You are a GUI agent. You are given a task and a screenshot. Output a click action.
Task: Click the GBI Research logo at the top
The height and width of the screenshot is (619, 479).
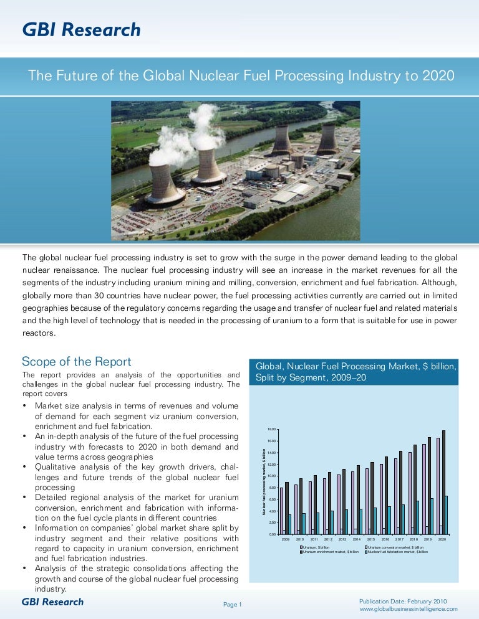(x=81, y=29)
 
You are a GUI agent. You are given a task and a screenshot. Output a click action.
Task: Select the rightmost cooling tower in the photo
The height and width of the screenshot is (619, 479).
(x=327, y=139)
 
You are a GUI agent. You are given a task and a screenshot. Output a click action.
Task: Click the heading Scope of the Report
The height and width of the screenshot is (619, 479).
(x=77, y=362)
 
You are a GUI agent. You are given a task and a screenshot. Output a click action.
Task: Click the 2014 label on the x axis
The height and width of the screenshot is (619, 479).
(x=357, y=539)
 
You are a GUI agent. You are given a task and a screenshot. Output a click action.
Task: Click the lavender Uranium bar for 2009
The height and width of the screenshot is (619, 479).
(x=282, y=511)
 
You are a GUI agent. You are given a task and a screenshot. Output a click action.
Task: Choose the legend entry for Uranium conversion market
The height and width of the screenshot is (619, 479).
(x=395, y=547)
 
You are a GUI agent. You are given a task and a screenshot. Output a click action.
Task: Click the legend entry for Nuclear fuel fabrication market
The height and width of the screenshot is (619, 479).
(x=397, y=552)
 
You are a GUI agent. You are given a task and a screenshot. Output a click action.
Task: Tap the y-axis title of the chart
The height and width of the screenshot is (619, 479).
(x=264, y=481)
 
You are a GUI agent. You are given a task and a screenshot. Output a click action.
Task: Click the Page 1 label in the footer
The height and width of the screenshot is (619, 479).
(x=232, y=605)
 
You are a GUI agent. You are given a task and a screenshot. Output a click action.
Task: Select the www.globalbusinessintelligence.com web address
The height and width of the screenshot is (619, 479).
(x=409, y=609)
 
